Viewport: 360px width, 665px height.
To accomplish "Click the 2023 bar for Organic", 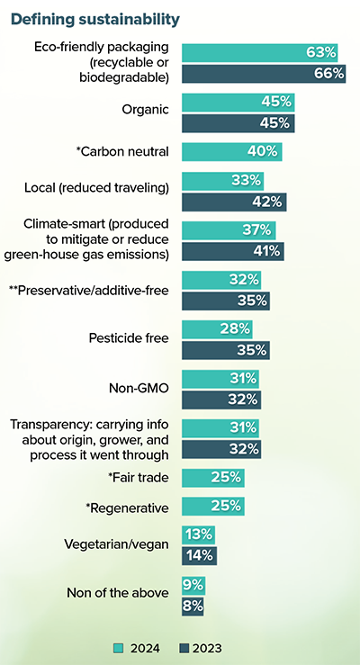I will click(238, 123).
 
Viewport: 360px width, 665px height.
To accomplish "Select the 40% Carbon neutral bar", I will click(232, 151).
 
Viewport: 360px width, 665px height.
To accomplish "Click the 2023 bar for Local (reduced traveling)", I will click(234, 201).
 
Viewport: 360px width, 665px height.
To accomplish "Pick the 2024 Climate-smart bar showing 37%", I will click(229, 230).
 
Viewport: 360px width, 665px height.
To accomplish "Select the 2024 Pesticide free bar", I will click(217, 329).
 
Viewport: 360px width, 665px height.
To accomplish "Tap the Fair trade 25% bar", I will click(213, 477).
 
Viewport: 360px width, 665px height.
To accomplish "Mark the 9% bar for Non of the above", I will click(193, 585).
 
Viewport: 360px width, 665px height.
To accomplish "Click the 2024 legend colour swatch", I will click(118, 647).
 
